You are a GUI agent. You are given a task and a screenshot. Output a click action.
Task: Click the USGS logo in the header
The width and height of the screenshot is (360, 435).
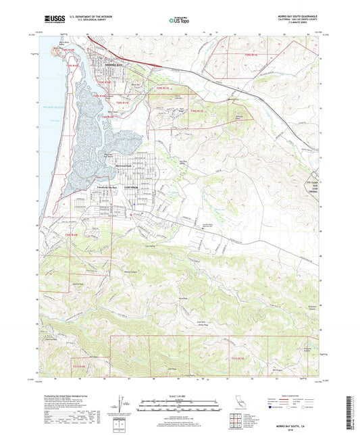pyautogui.click(x=53, y=19)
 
